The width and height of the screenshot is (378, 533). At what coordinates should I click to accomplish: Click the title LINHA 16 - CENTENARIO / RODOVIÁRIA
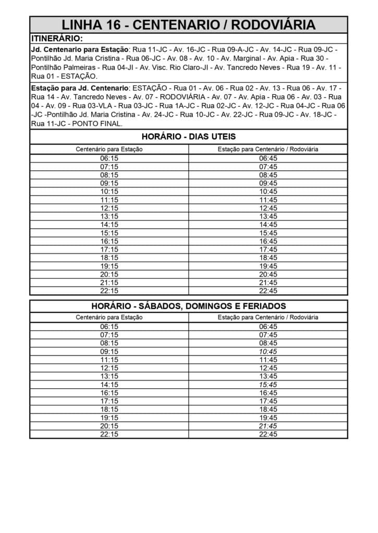tap(189, 24)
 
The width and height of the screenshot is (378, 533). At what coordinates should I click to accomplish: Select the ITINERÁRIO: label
tap(57, 38)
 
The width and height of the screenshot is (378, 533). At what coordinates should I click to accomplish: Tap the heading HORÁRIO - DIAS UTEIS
tap(189, 137)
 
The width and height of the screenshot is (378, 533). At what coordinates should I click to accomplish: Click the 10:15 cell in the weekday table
tap(109, 191)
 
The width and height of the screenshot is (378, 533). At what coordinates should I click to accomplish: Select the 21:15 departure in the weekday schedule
tap(109, 283)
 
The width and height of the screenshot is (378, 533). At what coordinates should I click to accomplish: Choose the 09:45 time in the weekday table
tap(268, 183)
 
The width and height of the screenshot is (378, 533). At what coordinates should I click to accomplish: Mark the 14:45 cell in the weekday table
tap(268, 224)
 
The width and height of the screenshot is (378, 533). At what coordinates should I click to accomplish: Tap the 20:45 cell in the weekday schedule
tap(268, 274)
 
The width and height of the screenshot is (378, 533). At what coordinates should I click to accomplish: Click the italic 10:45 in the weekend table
tap(268, 351)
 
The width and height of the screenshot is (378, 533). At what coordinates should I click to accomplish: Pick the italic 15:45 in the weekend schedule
tap(268, 385)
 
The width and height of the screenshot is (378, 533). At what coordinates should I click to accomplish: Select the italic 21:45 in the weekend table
tap(268, 426)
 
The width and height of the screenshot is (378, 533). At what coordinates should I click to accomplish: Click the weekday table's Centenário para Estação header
tap(109, 149)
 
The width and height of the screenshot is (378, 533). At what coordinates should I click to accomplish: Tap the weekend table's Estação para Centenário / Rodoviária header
tap(268, 317)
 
